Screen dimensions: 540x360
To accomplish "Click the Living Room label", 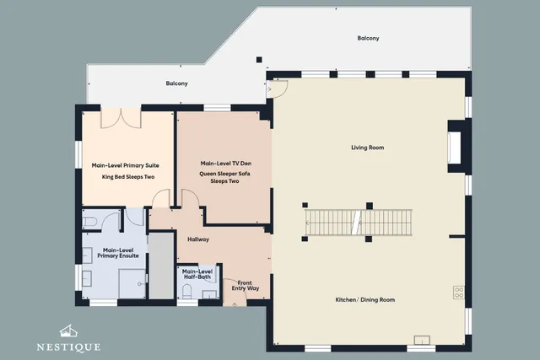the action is click(368, 148).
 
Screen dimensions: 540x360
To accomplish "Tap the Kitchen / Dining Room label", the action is click(365, 300).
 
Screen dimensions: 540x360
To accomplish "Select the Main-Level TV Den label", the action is click(226, 163).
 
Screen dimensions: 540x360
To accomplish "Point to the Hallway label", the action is click(198, 239).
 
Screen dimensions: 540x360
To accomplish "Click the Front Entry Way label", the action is click(245, 285).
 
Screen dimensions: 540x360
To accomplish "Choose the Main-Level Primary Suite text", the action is click(126, 165).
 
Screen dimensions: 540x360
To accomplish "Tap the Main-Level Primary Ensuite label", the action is click(118, 253).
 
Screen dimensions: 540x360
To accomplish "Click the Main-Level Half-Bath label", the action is click(197, 274).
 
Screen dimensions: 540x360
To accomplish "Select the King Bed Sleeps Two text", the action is click(128, 177).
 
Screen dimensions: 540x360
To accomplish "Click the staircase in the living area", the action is click(359, 223).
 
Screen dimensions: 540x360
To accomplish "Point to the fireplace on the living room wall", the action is click(455, 147).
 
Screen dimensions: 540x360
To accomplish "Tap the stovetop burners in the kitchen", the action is click(459, 293).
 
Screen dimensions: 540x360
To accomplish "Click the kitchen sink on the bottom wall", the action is click(422, 340).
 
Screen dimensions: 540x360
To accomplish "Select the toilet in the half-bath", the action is click(186, 290).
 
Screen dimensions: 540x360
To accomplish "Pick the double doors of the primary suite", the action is click(121, 118).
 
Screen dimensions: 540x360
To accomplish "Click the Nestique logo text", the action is click(69, 347).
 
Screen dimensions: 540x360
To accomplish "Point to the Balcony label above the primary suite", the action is click(176, 83).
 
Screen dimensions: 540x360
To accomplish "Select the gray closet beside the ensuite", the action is click(161, 266).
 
